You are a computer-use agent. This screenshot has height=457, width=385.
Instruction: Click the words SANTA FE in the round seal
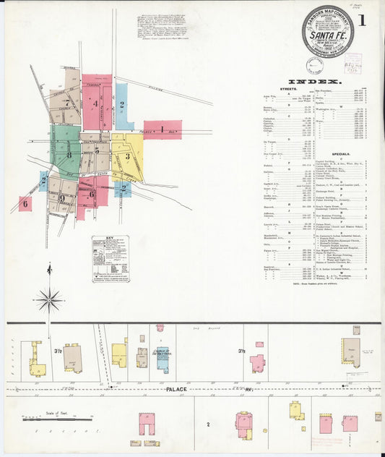pyautogui.click(x=328, y=33)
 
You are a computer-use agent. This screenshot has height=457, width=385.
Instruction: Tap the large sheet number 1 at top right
pyautogui.click(x=361, y=20)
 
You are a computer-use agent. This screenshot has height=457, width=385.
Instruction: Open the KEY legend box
pyautogui.click(x=111, y=258)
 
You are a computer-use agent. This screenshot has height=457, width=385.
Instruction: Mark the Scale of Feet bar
pyautogui.click(x=57, y=418)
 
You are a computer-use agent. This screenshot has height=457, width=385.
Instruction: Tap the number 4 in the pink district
pyautogui.click(x=95, y=103)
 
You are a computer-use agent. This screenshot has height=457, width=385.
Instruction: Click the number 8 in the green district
pyautogui.click(x=69, y=154)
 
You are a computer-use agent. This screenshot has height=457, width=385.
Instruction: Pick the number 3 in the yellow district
pyautogui.click(x=127, y=156)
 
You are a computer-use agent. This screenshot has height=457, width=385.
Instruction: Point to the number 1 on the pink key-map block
pyautogui.click(x=163, y=129)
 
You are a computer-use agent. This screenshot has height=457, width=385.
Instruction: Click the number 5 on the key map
pyautogui.click(x=97, y=150)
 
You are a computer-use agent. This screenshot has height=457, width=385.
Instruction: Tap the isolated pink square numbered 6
pyautogui.click(x=25, y=203)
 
